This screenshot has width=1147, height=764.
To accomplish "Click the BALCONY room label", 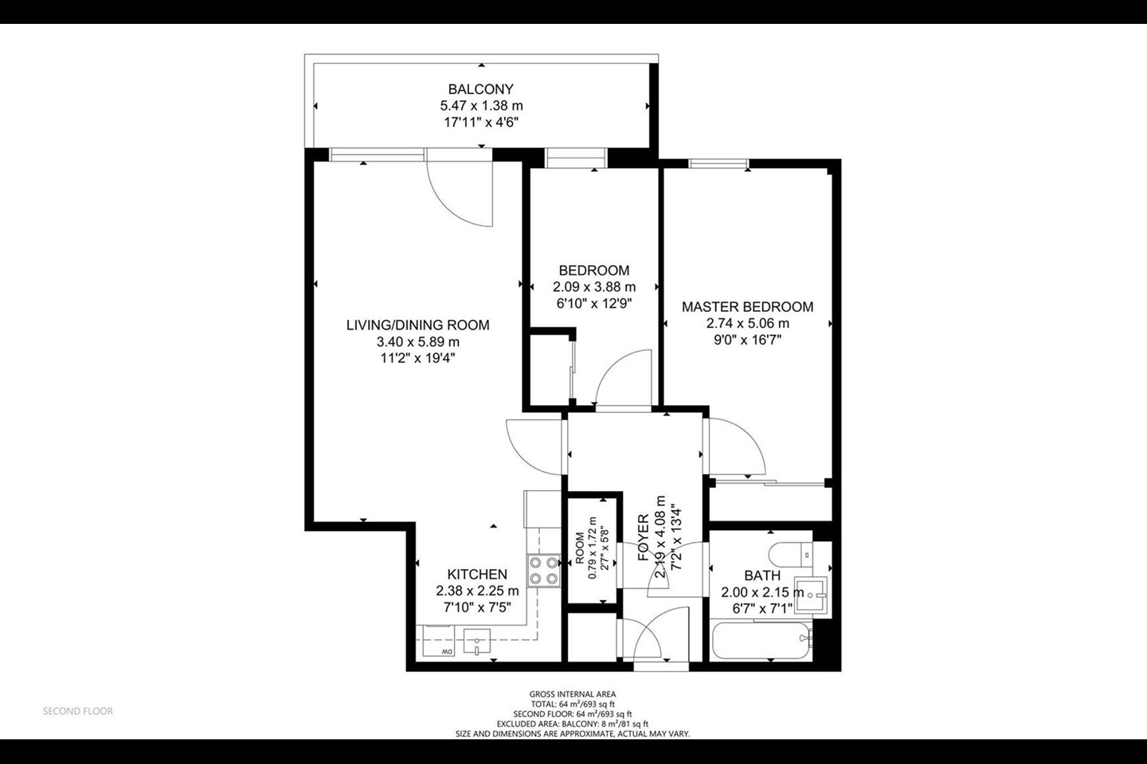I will [x=480, y=89].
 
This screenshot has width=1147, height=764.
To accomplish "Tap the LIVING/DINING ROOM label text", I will [x=417, y=325].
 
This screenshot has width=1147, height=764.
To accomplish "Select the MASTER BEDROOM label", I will [x=747, y=306].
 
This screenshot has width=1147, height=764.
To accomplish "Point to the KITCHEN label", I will [x=477, y=575].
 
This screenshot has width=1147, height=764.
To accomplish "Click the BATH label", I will [x=762, y=575].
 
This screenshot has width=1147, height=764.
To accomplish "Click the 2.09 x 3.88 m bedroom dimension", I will [x=594, y=287].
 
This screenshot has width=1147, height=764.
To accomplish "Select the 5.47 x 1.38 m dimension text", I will [x=481, y=106].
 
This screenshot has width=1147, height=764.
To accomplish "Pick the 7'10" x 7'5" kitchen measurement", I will [x=477, y=607].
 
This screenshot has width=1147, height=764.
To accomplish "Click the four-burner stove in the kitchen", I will [x=542, y=571].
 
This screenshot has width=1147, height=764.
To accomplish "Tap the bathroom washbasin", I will [x=812, y=593].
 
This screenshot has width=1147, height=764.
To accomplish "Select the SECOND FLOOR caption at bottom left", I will [x=78, y=711].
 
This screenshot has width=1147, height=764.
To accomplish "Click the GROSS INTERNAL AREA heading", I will [x=572, y=694].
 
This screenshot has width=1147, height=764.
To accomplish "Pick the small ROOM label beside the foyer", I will [x=580, y=549].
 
